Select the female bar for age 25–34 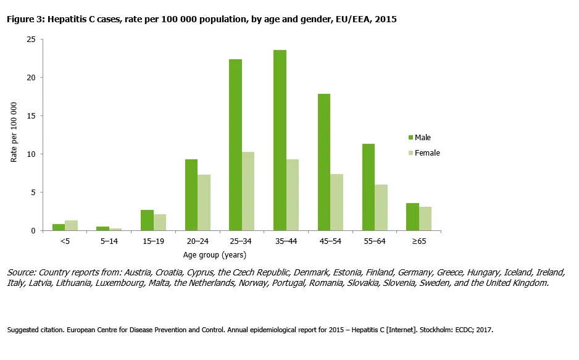pos(248,191)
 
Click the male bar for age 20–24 pos(191,195)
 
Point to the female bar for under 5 pos(71,225)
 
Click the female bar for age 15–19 pos(160,223)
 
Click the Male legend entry pos(423,137)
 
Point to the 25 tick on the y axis pos(31,39)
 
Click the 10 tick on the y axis pos(31,154)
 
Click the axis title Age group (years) pos(215,254)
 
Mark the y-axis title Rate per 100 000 pos(14,135)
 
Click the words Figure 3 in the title pos(25,20)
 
